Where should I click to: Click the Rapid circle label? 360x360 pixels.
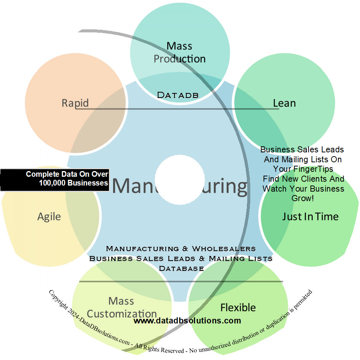pos(75,103)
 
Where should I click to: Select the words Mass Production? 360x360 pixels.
pos(179,53)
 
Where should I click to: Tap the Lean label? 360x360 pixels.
pos(284,103)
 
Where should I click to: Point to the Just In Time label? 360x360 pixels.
pos(310,216)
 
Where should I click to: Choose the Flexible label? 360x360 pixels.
pos(238,307)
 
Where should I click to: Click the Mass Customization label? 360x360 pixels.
pos(122,307)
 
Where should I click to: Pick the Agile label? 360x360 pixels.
pos(49,216)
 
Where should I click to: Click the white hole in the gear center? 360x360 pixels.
pos(180,179)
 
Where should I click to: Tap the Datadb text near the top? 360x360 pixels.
pos(178,95)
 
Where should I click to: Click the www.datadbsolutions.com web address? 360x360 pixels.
pos(187,321)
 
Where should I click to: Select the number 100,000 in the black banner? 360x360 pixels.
pos(53,183)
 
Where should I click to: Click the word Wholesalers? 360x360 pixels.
pos(224,248)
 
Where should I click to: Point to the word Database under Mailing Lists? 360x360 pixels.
pos(181,268)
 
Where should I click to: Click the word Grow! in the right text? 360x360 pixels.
pos(302,198)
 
